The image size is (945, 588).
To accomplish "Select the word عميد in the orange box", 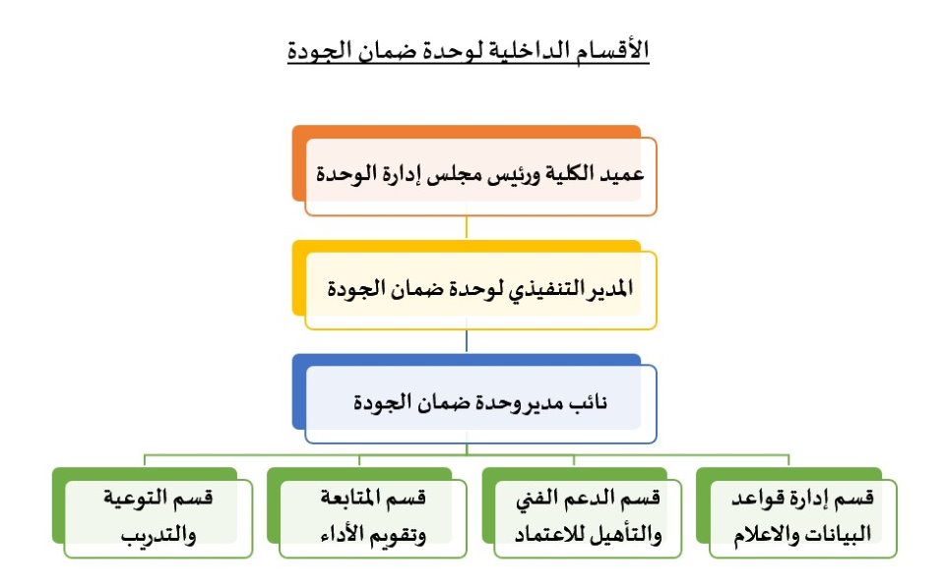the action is (x=623, y=174).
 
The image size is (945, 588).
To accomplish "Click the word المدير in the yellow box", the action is (x=610, y=288).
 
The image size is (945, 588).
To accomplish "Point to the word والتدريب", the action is (x=158, y=535).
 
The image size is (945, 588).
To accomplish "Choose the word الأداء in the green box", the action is (x=343, y=535).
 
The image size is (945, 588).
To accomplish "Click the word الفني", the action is (x=537, y=499).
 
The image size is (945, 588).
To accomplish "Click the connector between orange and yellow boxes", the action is (x=467, y=227).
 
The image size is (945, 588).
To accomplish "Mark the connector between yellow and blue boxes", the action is (x=467, y=341).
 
